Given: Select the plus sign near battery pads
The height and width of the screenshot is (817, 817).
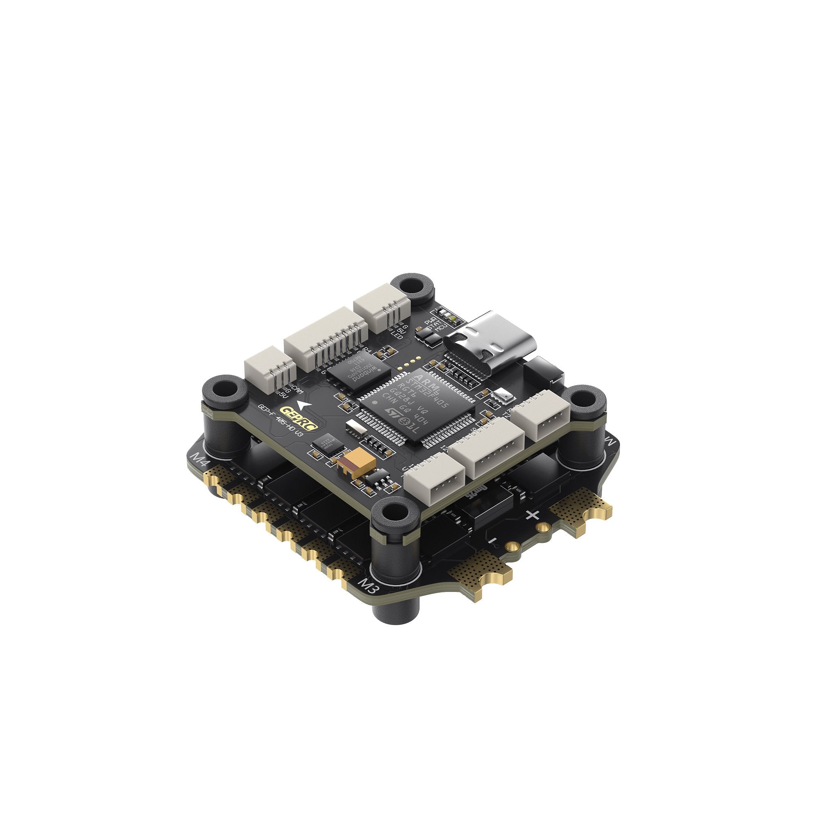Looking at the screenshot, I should pos(534,515).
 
